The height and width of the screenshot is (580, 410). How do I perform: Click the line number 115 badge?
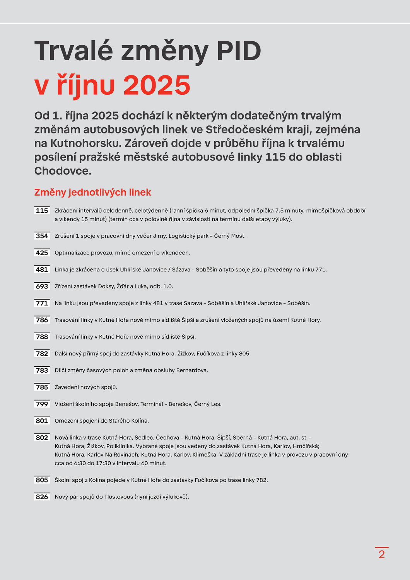click(x=42, y=211)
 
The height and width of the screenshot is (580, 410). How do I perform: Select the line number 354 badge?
click(x=42, y=236)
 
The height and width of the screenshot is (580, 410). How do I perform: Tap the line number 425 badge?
click(x=42, y=253)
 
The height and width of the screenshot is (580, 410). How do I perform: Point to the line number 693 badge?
click(x=42, y=287)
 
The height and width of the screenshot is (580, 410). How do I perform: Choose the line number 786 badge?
click(x=42, y=320)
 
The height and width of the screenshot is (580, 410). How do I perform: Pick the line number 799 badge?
click(x=42, y=404)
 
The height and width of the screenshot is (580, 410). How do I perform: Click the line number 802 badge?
click(x=42, y=438)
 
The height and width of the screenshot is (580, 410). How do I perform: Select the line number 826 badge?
click(x=42, y=497)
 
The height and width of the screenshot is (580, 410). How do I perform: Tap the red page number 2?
click(x=382, y=554)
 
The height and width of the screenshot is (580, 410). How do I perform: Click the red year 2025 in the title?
click(x=157, y=85)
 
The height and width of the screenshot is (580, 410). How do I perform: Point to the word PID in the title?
click(x=239, y=51)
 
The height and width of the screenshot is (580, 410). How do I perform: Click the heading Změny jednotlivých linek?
click(x=92, y=192)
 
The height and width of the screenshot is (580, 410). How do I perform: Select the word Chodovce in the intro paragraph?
click(x=63, y=171)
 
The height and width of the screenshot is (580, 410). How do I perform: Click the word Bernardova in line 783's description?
click(x=192, y=370)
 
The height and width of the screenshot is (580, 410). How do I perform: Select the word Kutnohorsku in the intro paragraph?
click(x=85, y=143)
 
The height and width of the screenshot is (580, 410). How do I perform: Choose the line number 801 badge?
click(x=42, y=421)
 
